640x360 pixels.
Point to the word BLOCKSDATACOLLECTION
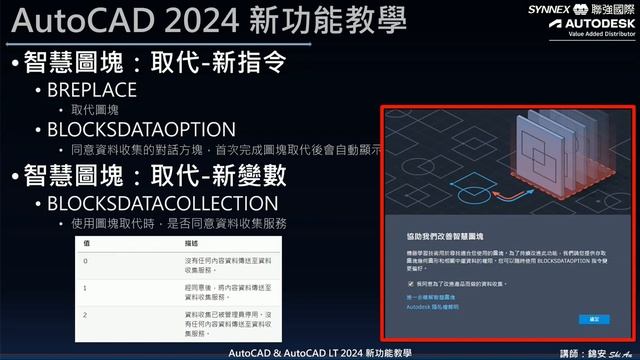[160, 202]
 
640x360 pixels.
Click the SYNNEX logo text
[548, 8]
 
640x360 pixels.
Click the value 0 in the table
[87, 260]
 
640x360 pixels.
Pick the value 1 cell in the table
[87, 286]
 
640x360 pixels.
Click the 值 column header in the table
[87, 242]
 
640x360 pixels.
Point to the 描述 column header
[164, 242]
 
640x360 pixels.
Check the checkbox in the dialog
[397, 284]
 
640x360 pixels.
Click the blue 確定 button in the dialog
[593, 318]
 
